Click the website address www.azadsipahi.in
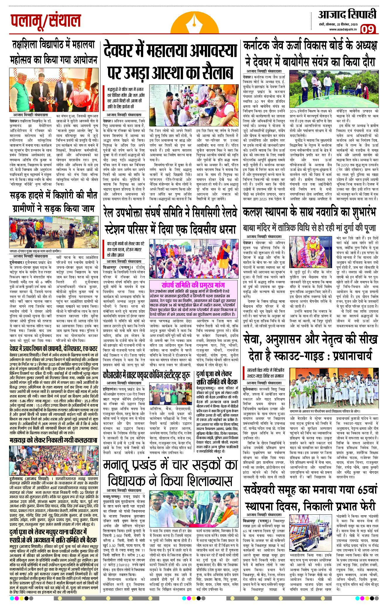(x=343, y=29)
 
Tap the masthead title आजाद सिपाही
(x=347, y=15)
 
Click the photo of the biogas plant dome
(x=334, y=90)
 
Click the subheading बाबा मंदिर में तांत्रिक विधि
(x=309, y=227)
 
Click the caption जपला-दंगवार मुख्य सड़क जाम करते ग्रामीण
(x=35, y=251)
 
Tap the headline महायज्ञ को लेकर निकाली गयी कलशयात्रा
(x=53, y=440)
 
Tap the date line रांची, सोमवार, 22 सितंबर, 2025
(x=338, y=24)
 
